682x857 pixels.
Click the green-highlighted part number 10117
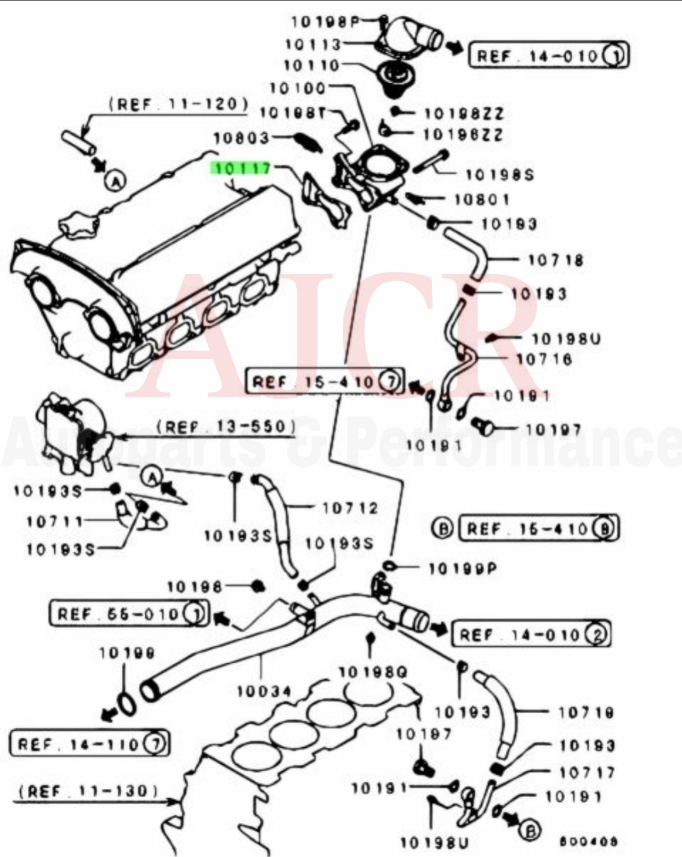tap(242, 168)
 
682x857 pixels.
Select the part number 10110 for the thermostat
tap(311, 65)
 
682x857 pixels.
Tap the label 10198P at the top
tap(325, 22)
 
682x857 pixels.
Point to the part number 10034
tap(264, 692)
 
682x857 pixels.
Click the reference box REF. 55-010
tap(128, 613)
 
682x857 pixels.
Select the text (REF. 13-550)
tap(225, 427)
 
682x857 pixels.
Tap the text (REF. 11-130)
tap(88, 791)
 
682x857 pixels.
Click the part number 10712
tap(350, 508)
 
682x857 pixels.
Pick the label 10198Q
tap(373, 673)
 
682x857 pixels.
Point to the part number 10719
tap(586, 712)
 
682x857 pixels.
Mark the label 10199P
tap(462, 569)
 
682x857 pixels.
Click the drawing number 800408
tap(589, 841)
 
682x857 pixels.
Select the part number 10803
tap(241, 138)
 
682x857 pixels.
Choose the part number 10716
tap(544, 359)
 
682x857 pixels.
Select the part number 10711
tap(55, 521)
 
